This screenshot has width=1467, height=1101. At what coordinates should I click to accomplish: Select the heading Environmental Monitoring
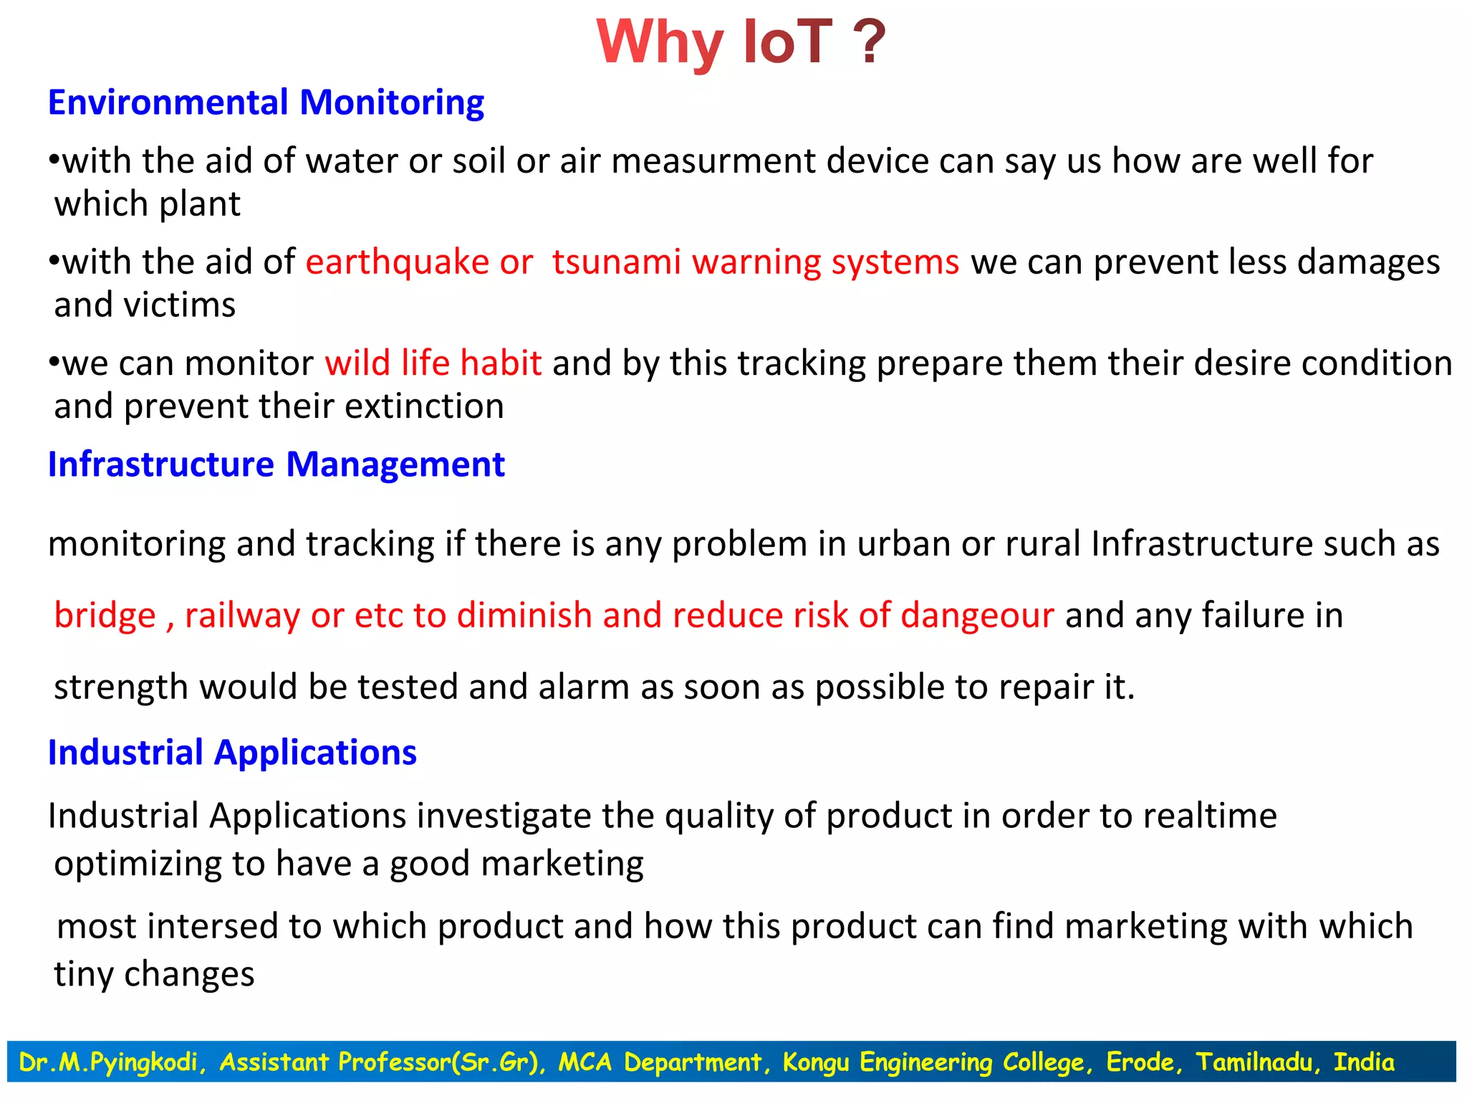click(x=266, y=103)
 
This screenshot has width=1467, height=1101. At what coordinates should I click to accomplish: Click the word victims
click(x=180, y=305)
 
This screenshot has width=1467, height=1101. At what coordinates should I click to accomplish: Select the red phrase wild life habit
click(x=433, y=363)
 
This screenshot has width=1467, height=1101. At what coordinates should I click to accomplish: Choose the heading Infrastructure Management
click(x=276, y=464)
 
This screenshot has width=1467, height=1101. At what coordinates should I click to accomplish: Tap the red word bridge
click(x=105, y=616)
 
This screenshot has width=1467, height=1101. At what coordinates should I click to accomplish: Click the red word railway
click(x=242, y=616)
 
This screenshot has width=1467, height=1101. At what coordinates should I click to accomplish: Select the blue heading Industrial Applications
click(x=232, y=753)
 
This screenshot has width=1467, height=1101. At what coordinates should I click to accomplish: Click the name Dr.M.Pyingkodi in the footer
click(x=109, y=1062)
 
